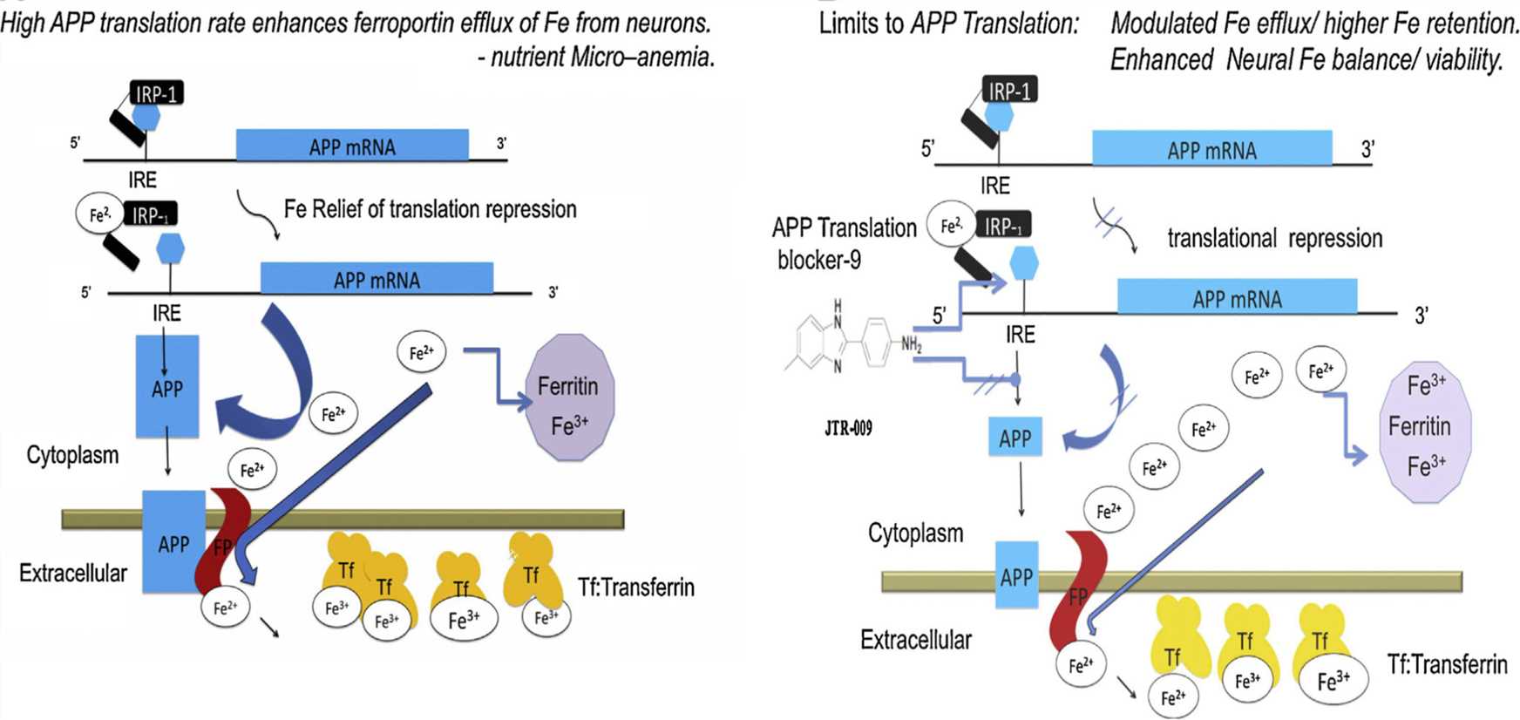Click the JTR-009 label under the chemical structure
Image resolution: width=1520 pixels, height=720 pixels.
coord(848,428)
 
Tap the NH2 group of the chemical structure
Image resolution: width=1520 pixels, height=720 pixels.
coord(912,344)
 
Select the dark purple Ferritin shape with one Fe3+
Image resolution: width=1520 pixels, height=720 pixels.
coord(570,397)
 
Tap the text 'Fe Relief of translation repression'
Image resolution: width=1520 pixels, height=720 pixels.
coord(430,209)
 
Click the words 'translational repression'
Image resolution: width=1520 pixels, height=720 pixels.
coord(1274,239)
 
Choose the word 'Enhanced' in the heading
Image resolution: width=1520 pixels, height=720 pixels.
coord(1161,60)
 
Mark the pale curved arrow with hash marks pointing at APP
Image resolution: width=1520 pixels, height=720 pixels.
coord(1103,401)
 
